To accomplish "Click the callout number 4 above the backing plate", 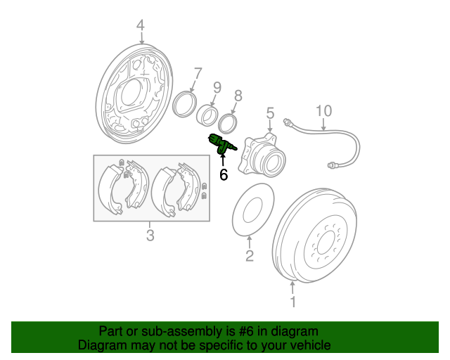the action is click(x=141, y=25).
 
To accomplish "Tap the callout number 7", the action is click(x=198, y=74).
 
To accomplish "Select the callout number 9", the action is click(x=217, y=88).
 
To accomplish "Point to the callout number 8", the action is click(x=238, y=96).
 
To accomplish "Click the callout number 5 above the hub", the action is click(x=270, y=113).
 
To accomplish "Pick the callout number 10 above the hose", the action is click(x=323, y=111).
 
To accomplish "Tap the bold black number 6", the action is click(x=224, y=174).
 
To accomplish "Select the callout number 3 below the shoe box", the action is click(x=150, y=235).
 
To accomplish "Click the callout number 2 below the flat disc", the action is click(x=250, y=255).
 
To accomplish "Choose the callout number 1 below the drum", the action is click(x=292, y=302).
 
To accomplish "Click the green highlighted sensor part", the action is click(x=222, y=144).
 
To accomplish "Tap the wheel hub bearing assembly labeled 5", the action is click(x=262, y=155).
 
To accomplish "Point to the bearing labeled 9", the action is click(x=207, y=116).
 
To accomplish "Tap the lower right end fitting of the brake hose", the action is click(x=333, y=165).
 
